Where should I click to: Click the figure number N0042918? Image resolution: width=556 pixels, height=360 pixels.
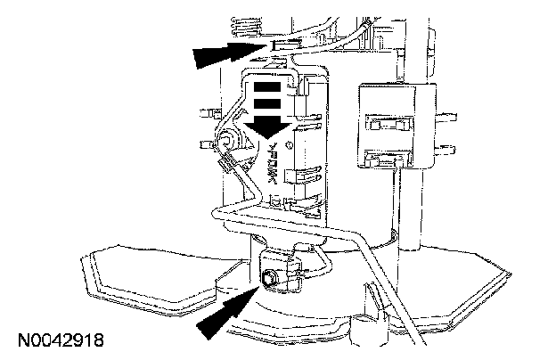[59, 340]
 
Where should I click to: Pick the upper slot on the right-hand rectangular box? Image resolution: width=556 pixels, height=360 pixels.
[384, 125]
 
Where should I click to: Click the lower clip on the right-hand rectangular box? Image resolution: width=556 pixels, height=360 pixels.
[386, 160]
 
